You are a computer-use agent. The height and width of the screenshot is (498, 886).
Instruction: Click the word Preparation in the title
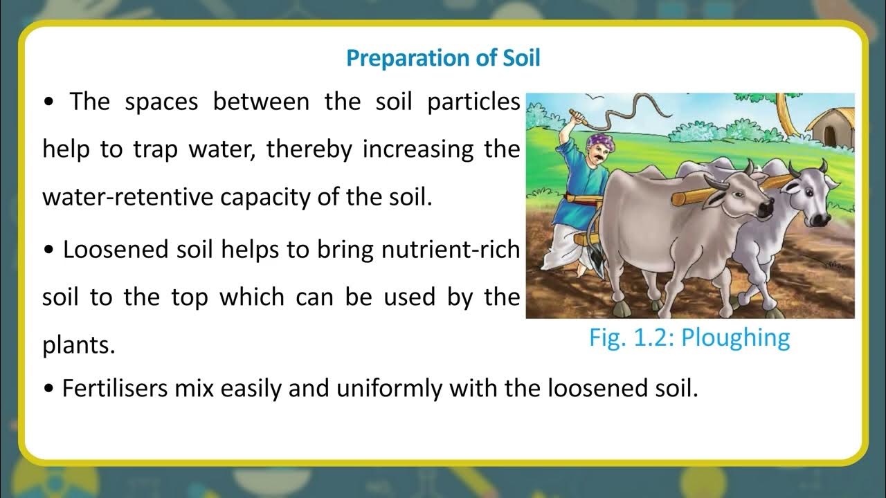point(392,58)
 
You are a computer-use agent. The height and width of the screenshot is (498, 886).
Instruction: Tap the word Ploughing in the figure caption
point(736,338)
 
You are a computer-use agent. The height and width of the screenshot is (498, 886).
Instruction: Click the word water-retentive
point(128,197)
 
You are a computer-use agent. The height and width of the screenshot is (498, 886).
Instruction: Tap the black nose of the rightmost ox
point(821,219)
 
